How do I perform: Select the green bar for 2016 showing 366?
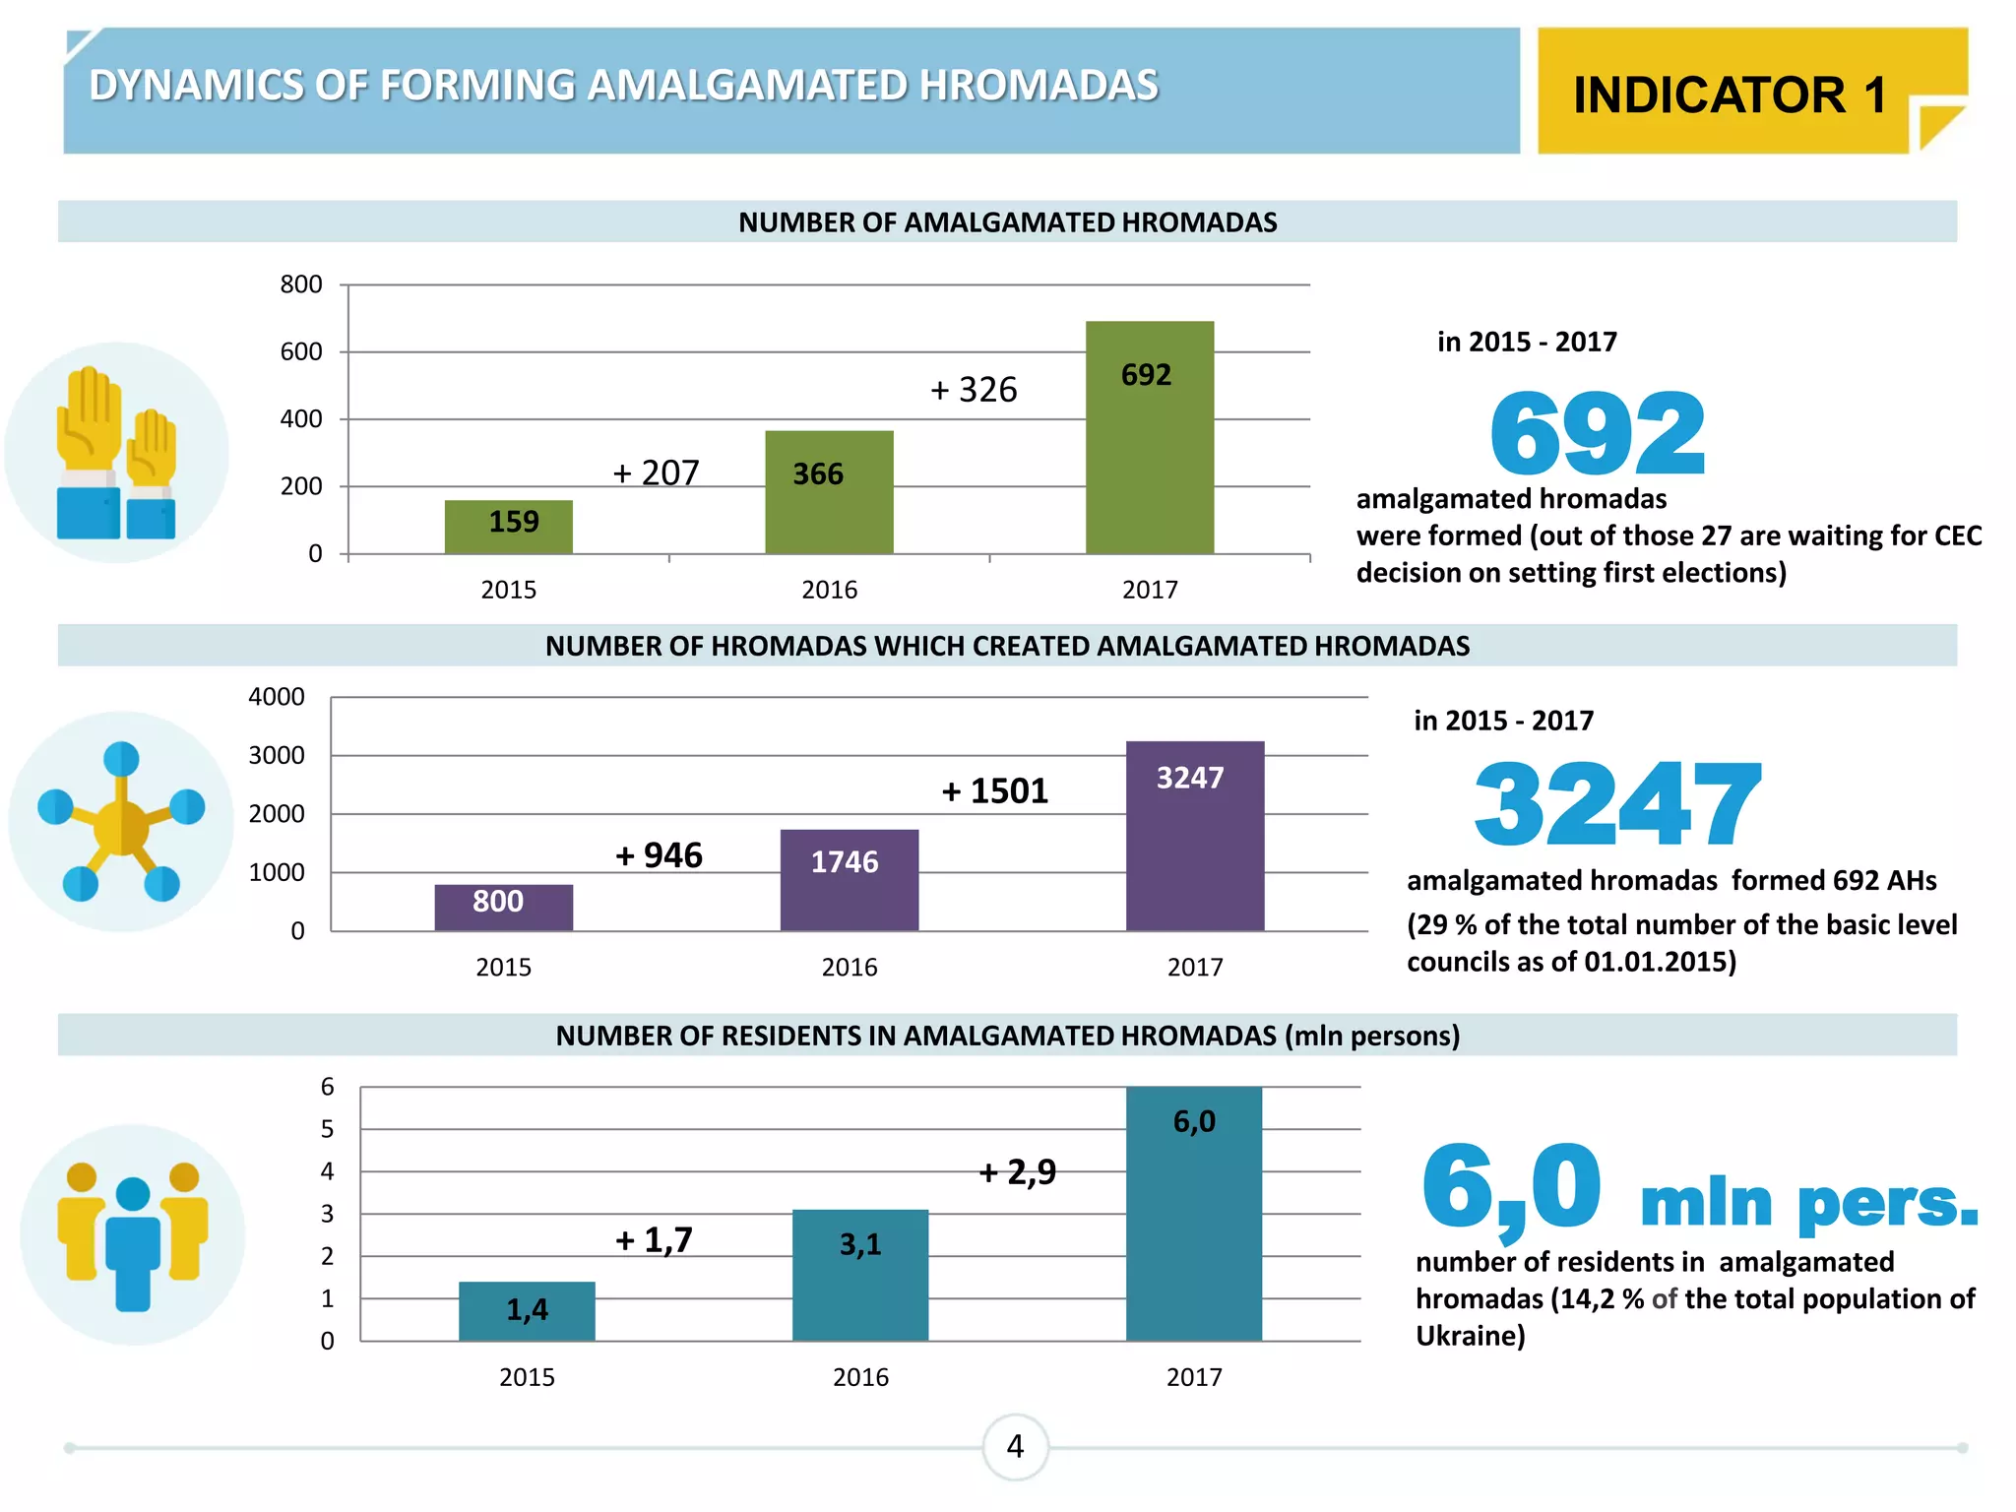point(829,491)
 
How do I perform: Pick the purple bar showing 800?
point(503,907)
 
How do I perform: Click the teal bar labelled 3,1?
point(859,1274)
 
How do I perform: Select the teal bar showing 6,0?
point(1193,1213)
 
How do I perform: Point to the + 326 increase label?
point(974,390)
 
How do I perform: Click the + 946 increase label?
point(659,854)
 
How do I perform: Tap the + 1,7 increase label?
point(654,1239)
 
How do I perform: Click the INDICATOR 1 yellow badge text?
point(1730,95)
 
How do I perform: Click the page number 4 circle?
point(1015,1446)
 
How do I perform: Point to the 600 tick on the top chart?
point(300,351)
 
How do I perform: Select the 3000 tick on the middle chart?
point(276,755)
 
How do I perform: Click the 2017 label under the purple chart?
point(1194,967)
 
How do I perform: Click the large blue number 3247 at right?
point(1615,804)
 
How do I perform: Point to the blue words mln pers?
point(1808,1203)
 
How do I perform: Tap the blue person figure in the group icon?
point(133,1245)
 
